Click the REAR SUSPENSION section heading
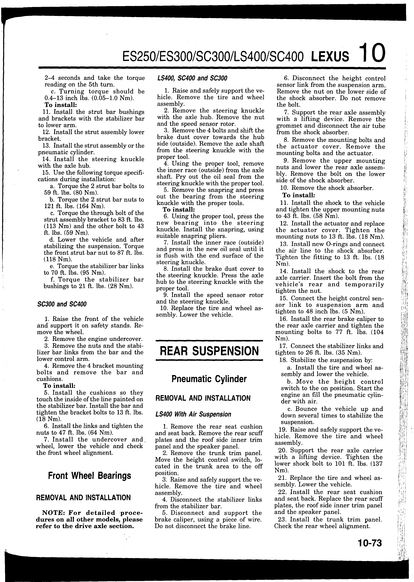(x=209, y=351)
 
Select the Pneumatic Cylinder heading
(x=209, y=379)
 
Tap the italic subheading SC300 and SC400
(x=62, y=304)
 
